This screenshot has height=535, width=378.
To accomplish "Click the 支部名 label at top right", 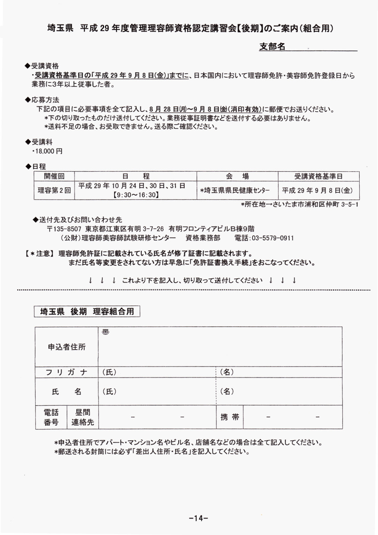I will pyautogui.click(x=272, y=46).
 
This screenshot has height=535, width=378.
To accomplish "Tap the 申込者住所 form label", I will pyautogui.click(x=67, y=347).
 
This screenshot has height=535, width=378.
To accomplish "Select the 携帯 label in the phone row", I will pyautogui.click(x=230, y=418).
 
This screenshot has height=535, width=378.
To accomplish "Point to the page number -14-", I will pyautogui.click(x=196, y=518).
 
